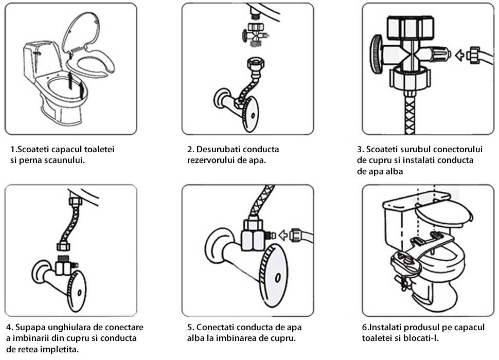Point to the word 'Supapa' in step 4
click(x=31, y=328)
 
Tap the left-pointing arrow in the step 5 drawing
click(x=282, y=235)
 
